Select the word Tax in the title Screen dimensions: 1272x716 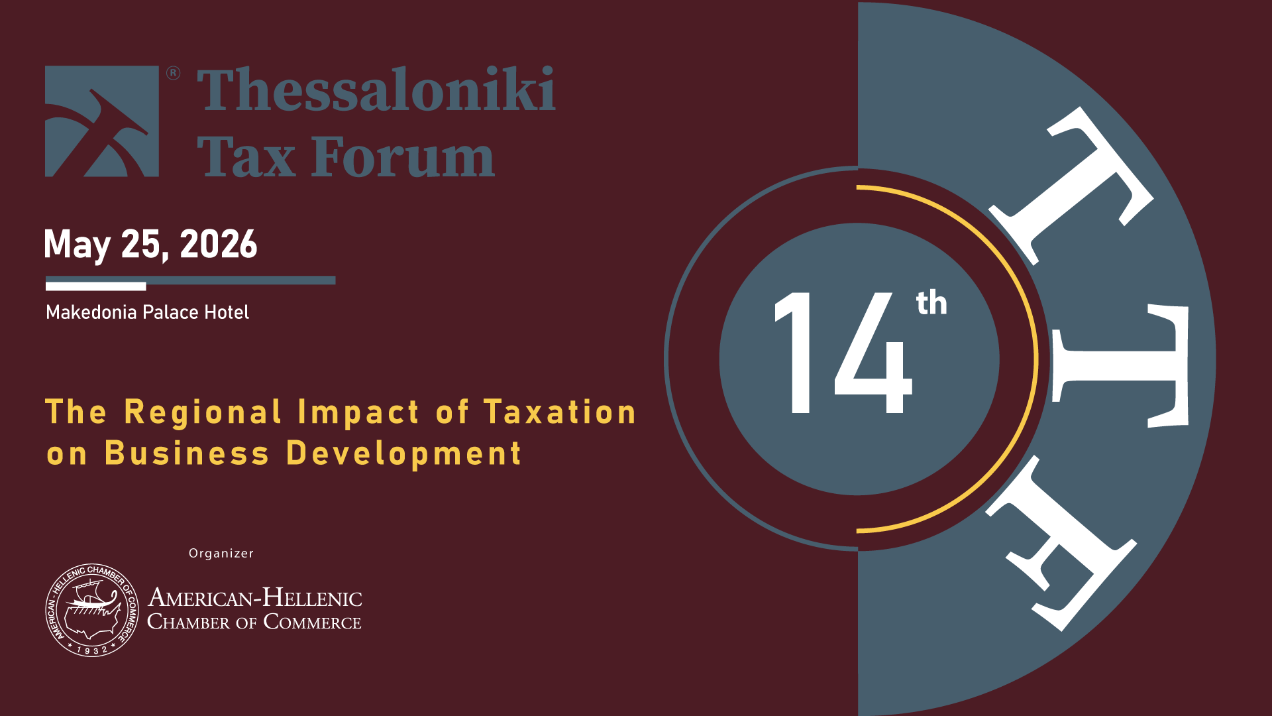coord(246,156)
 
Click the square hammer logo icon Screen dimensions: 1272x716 coord(102,121)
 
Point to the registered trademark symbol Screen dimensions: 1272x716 coord(173,73)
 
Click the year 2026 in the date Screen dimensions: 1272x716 coord(219,244)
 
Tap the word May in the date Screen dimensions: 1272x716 coord(77,245)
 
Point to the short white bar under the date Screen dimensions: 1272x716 coord(96,286)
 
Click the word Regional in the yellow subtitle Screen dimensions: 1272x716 coord(203,413)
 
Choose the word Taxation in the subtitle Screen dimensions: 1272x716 coord(560,412)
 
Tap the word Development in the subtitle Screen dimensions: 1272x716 coord(404,454)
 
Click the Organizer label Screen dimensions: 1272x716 coord(221,554)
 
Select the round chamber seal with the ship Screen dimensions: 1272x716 coord(92,610)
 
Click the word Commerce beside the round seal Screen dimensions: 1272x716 coord(313,622)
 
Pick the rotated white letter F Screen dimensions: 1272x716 coord(1061,544)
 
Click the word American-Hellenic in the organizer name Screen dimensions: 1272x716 coord(255,597)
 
